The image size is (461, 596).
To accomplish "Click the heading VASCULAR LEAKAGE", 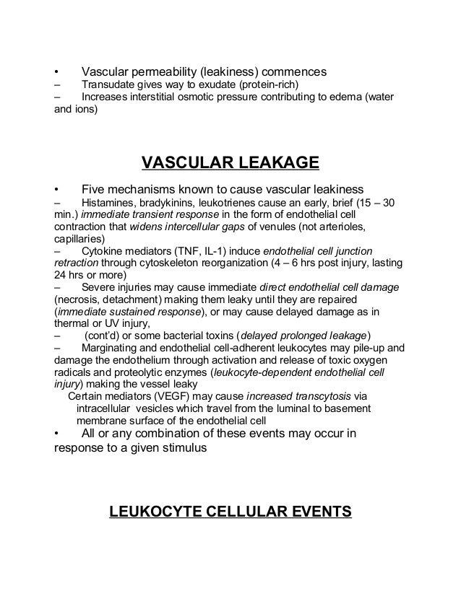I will click(230, 162).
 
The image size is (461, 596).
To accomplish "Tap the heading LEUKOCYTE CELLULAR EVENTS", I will click(230, 512).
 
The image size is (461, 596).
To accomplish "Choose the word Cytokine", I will click(105, 253).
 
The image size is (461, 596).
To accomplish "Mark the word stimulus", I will click(181, 447).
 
